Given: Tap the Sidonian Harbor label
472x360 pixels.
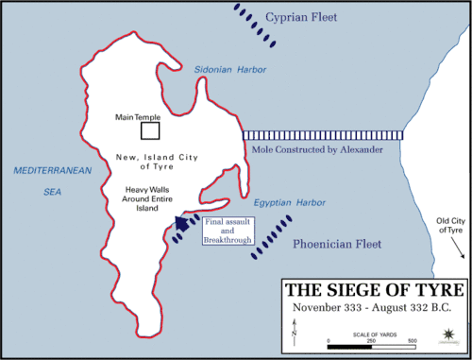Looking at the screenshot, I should click(x=229, y=70).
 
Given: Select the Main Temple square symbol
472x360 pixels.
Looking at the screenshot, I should click(x=149, y=130).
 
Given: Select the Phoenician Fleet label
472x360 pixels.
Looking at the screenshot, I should click(x=338, y=244).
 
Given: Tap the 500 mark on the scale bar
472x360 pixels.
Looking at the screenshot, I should click(x=412, y=339).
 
